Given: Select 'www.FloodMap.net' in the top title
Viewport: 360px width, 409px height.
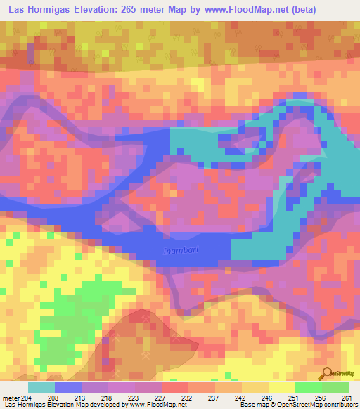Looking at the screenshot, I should [x=245, y=10].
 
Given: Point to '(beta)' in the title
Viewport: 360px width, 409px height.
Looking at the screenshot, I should [x=304, y=10].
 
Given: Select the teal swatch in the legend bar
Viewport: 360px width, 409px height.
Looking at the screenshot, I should [x=41, y=387].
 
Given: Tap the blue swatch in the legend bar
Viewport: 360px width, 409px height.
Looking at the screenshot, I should [x=68, y=387].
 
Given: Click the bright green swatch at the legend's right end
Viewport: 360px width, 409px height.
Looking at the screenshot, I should [x=335, y=387].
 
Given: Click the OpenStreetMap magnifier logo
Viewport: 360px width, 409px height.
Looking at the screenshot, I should [x=326, y=373].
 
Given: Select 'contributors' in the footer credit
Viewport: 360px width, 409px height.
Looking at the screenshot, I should [x=339, y=405].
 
